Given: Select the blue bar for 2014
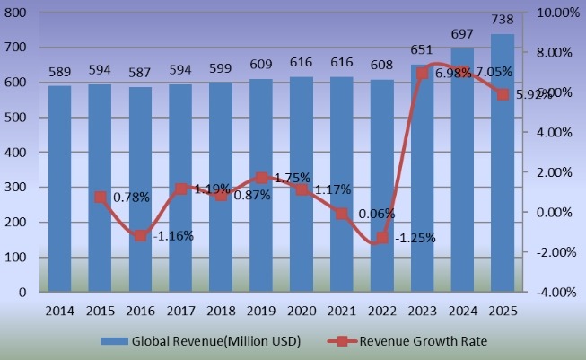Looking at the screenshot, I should (x=59, y=189).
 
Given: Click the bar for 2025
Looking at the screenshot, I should (x=503, y=162).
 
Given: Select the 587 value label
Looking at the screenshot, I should (x=140, y=70).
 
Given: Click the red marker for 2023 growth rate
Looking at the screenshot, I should (x=423, y=73).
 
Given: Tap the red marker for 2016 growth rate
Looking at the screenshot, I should (x=140, y=235).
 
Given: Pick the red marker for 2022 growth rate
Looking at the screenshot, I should (x=382, y=238).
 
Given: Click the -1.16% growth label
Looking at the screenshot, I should (x=171, y=235).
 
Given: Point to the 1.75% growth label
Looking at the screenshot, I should (x=292, y=178).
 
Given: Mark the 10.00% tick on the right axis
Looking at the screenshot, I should (x=557, y=13).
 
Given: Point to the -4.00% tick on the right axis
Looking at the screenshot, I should (x=557, y=293).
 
